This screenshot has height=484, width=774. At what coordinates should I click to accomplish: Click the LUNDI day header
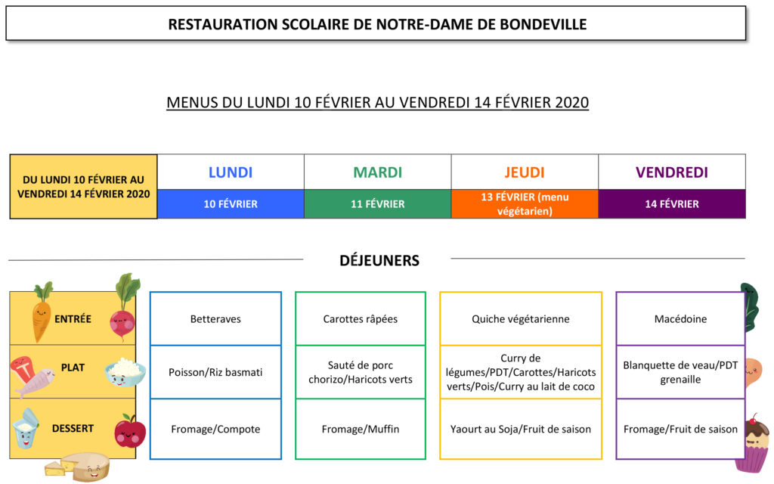(231, 172)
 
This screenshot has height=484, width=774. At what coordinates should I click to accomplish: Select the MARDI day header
(378, 172)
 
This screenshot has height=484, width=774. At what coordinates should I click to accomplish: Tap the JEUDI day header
(525, 172)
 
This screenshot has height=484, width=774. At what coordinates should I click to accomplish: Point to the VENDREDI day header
(672, 172)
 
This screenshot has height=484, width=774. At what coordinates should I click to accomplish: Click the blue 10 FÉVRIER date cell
(231, 204)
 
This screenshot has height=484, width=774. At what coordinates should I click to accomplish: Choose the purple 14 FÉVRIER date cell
(672, 204)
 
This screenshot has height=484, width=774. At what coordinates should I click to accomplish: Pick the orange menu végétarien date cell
(525, 204)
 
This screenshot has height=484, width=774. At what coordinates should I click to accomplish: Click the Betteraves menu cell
(215, 318)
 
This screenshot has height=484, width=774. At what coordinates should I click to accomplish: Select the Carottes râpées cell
(361, 318)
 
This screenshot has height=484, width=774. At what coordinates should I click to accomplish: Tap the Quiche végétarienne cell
(521, 318)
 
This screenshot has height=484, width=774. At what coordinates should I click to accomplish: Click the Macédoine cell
(680, 318)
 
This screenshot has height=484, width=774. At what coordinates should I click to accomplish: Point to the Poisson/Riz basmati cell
(215, 372)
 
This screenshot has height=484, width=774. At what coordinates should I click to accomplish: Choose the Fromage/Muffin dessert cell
(361, 429)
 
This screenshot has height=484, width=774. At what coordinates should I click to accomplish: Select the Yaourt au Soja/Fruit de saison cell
(521, 429)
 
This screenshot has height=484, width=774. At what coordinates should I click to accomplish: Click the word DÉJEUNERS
(379, 260)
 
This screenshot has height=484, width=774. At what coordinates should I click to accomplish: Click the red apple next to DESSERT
(130, 430)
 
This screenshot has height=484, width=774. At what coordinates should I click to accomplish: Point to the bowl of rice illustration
(125, 372)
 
